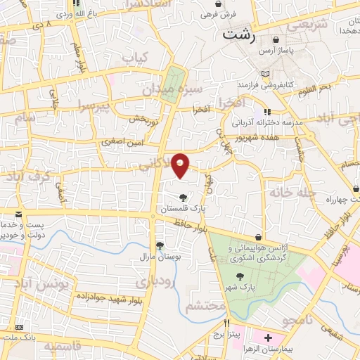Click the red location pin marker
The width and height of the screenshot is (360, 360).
coord(181,165)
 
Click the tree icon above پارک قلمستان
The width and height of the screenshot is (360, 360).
coord(183,197)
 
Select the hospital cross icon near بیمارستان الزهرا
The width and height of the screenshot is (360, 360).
coord(268,338)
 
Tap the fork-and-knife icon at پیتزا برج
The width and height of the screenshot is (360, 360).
coord(227,324)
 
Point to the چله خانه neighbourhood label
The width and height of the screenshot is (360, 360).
coord(288,191)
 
